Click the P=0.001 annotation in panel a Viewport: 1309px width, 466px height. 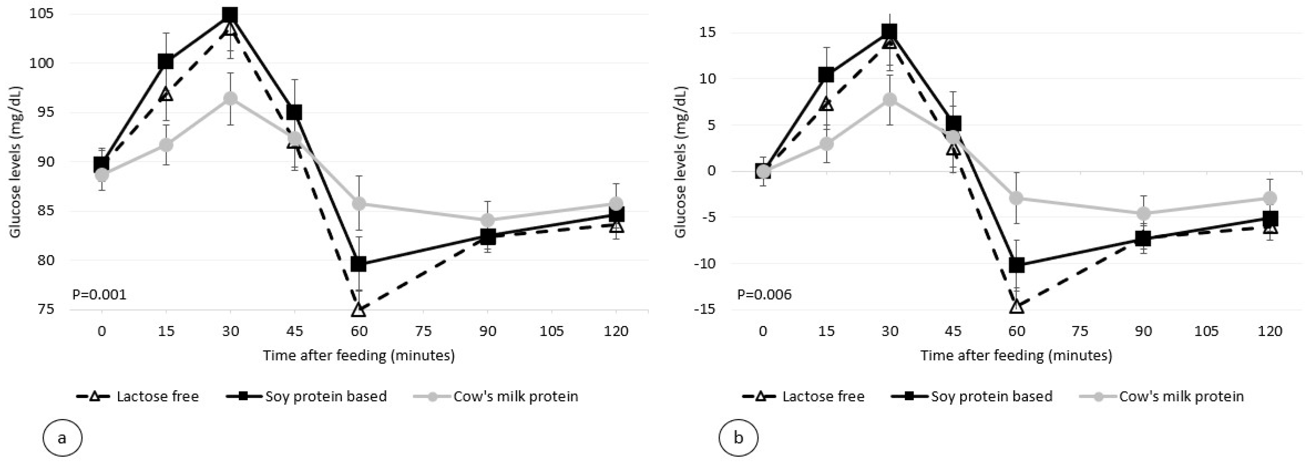99,295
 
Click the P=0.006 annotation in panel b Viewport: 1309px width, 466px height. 764,295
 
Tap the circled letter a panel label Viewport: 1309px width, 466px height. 62,437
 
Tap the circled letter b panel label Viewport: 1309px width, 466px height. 738,437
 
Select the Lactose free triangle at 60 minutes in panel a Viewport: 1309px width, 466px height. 359,309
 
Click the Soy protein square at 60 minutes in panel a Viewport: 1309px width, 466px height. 359,264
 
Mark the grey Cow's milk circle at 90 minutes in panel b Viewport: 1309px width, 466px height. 1143,213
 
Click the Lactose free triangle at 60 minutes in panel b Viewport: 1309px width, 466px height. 1016,306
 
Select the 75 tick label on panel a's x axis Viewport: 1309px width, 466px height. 423,331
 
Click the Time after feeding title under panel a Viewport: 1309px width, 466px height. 359,355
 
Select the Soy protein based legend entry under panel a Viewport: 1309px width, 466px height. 325,396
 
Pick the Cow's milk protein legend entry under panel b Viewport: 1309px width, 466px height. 1180,396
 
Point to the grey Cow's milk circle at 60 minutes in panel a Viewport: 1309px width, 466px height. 359,203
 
